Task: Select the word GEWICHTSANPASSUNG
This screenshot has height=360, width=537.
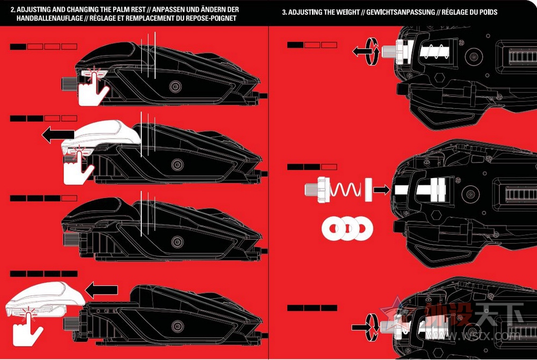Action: [x=397, y=12]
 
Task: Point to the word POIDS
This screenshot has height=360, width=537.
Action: [x=487, y=12]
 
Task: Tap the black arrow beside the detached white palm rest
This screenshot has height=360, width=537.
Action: [x=101, y=290]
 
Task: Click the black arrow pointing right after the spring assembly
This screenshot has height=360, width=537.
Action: [x=380, y=189]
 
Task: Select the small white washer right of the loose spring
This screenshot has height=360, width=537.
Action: [x=368, y=189]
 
